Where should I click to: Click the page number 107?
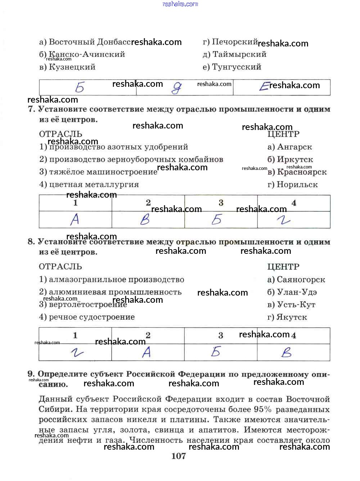click(179, 456)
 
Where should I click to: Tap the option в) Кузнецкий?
click(67, 67)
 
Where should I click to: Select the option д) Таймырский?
click(234, 54)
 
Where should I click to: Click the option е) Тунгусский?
click(232, 67)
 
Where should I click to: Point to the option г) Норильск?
click(292, 185)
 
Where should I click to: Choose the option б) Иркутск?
click(290, 159)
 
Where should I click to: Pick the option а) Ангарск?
click(290, 147)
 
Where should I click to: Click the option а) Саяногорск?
click(296, 280)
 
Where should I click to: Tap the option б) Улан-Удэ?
click(292, 292)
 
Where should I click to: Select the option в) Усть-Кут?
click(291, 305)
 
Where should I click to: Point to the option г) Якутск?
click(287, 317)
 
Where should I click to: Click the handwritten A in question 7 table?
click(75, 219)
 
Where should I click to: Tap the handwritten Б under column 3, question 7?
click(217, 219)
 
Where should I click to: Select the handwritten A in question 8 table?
click(147, 352)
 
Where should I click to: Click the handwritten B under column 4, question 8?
click(287, 352)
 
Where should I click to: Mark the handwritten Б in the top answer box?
click(80, 87)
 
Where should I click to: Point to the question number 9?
click(31, 374)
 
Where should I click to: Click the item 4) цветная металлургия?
click(89, 185)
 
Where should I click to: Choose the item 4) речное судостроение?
click(87, 317)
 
